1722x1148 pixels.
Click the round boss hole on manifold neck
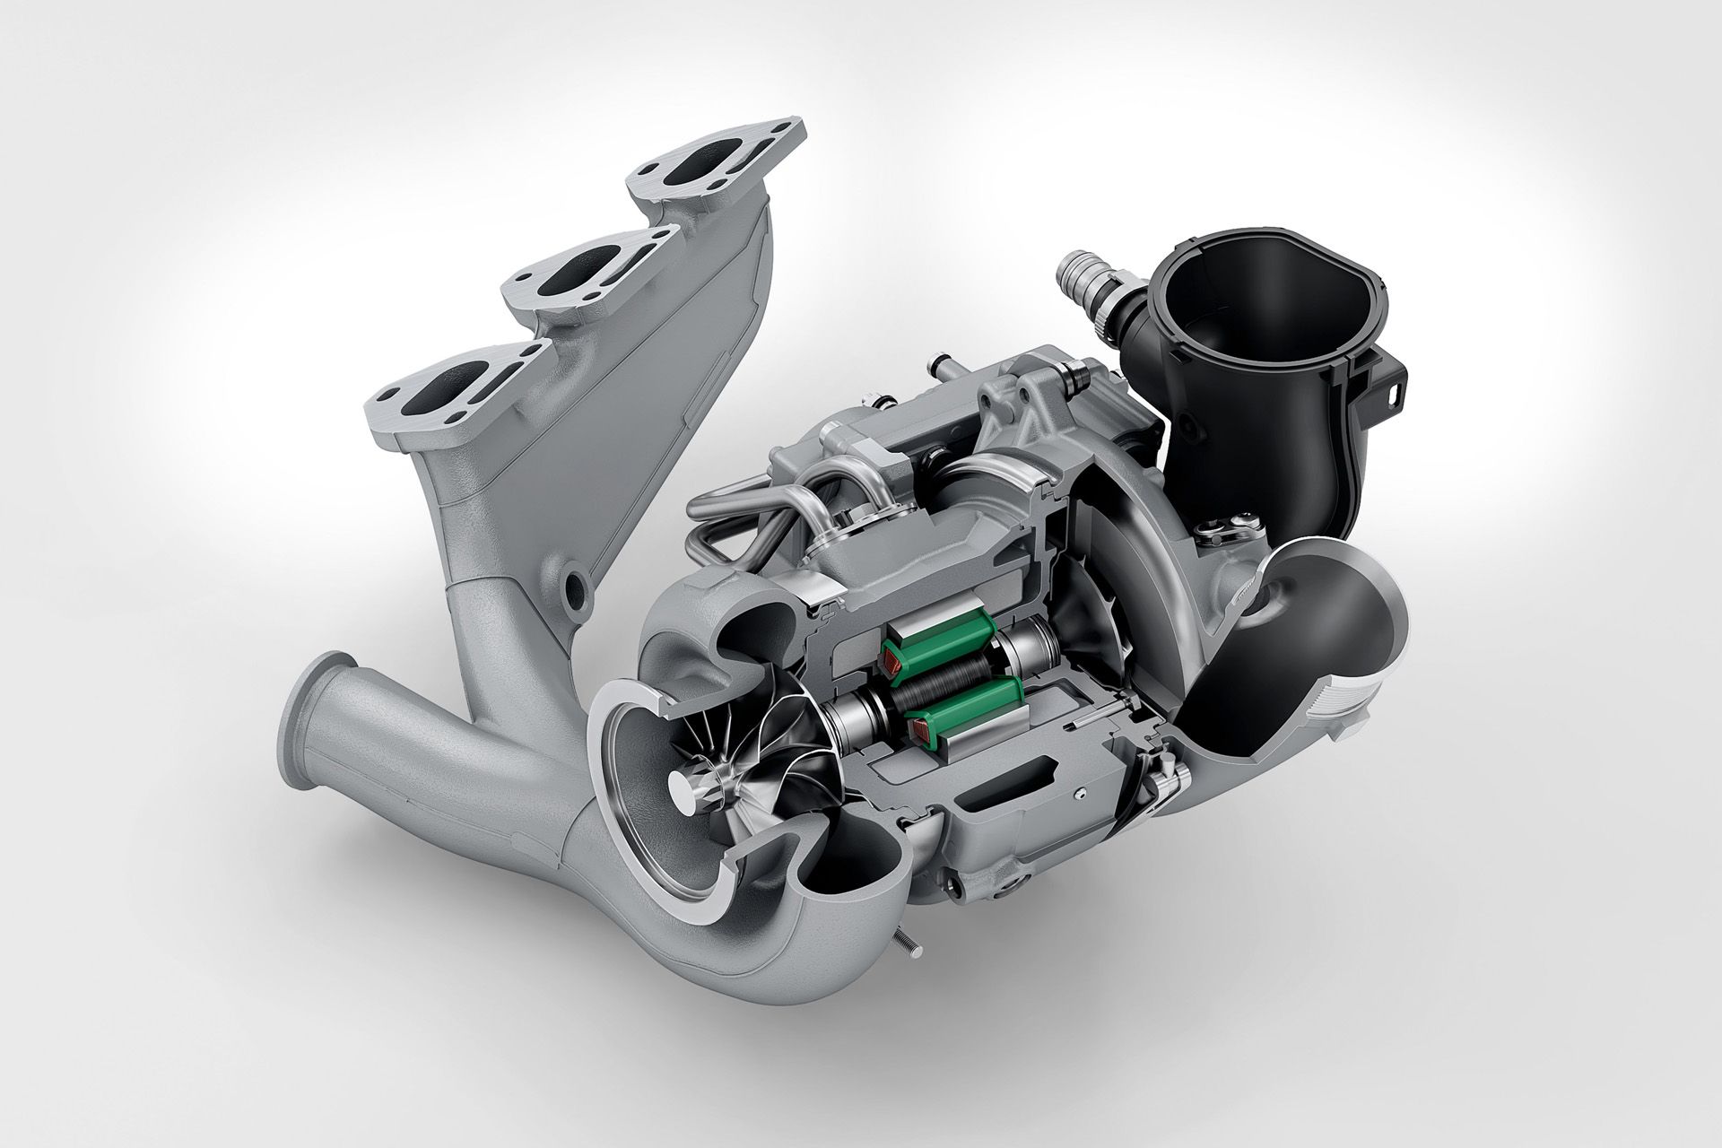(571, 585)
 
